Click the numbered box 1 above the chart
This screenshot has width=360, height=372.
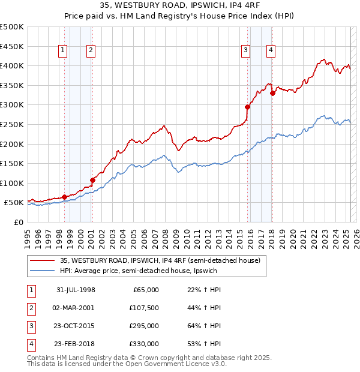[x=63, y=51]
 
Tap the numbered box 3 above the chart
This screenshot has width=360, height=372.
[x=246, y=51]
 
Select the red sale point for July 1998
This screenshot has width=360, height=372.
[x=64, y=197]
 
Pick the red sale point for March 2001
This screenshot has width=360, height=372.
[x=92, y=180]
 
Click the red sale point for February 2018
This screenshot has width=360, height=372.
[x=272, y=93]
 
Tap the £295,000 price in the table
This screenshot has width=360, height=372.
[x=144, y=326]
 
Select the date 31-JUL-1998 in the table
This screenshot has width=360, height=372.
[x=76, y=290]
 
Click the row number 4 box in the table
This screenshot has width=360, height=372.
[x=30, y=344]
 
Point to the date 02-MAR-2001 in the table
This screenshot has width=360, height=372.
[x=76, y=308]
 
